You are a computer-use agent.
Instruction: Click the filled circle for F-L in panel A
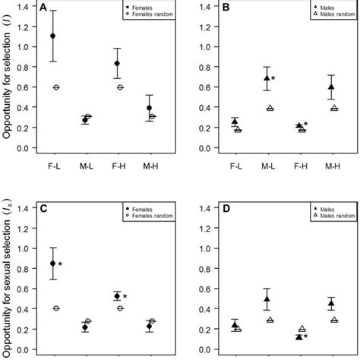coord(52,36)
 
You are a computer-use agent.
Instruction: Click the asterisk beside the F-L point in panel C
coord(60,265)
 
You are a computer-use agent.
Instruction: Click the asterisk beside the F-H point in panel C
coord(125,297)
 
